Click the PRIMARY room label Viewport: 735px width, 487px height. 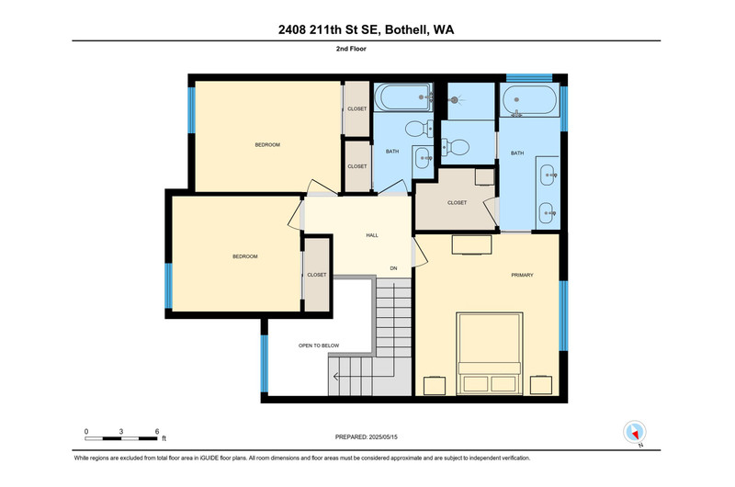522,275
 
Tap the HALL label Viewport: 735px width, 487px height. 372,235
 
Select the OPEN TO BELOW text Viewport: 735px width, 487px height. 319,345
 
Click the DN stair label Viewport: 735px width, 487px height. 393,268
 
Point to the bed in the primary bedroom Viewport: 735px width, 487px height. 490,354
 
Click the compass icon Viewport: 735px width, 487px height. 634,432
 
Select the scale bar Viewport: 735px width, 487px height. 121,438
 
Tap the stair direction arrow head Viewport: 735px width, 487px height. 336,376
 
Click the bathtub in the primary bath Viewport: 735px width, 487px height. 529,100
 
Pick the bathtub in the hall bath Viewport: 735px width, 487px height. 403,97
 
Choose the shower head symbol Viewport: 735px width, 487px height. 454,100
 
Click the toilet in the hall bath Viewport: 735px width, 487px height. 420,128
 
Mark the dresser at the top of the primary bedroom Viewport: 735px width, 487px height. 471,244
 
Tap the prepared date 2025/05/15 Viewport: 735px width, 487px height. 383,436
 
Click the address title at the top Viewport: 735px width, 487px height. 366,29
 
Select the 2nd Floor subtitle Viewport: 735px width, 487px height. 351,49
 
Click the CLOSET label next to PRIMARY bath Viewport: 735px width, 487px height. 457,202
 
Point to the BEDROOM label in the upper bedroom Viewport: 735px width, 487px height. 267,145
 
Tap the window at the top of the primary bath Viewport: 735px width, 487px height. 529,77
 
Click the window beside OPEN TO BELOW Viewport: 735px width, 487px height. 265,363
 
